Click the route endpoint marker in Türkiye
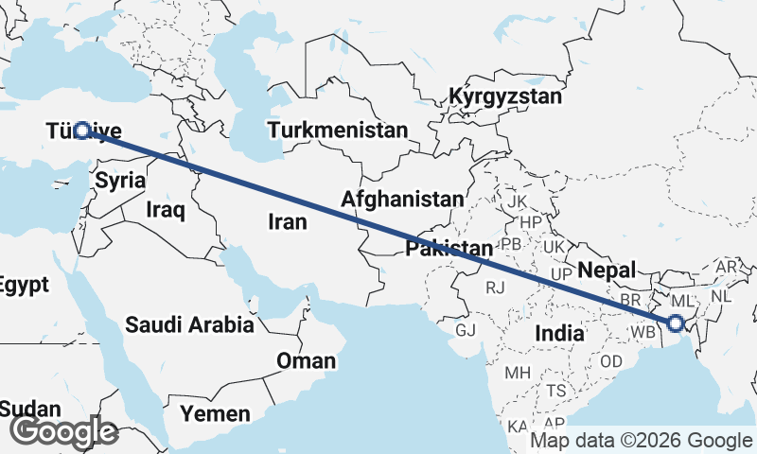coord(82,131)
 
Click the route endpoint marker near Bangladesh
coord(676,323)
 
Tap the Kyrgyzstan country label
coord(505,96)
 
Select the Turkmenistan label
coord(338,130)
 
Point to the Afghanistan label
coord(404,200)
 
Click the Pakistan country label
coord(449,249)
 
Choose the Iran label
coord(289,221)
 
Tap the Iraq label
coord(165,209)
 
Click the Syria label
coord(121,180)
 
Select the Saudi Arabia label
coord(189,325)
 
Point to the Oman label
coord(306,360)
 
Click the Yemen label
coord(217,413)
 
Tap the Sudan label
coord(30,410)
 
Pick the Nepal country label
coord(605,270)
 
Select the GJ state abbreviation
coord(466,331)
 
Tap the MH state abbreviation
coord(517,373)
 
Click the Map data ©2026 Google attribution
coord(641,440)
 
